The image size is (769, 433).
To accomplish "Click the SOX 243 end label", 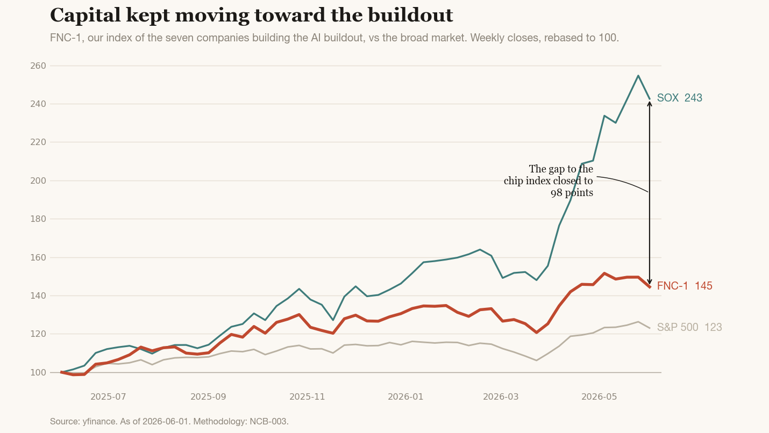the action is (679, 98).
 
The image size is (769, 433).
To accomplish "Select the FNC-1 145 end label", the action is (685, 286).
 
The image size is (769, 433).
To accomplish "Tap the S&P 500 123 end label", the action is (689, 327).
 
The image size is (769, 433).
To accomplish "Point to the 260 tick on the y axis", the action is (38, 66).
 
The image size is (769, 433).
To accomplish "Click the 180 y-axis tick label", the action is (38, 219).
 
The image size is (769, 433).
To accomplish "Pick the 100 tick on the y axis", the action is (38, 372).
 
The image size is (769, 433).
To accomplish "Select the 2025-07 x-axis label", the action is (108, 396).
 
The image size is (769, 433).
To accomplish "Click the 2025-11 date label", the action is (307, 396).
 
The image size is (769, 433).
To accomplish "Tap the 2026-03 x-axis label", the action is (501, 396).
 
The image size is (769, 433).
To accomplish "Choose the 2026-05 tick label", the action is (599, 396).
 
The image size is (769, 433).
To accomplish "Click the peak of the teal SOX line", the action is (638, 75).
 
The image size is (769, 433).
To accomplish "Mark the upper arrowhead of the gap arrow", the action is (650, 103).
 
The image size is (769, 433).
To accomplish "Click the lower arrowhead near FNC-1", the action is (650, 283).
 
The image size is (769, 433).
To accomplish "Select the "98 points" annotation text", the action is (572, 193).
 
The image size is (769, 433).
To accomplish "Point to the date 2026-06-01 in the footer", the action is (166, 421).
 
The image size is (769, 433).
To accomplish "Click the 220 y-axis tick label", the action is (38, 142).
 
